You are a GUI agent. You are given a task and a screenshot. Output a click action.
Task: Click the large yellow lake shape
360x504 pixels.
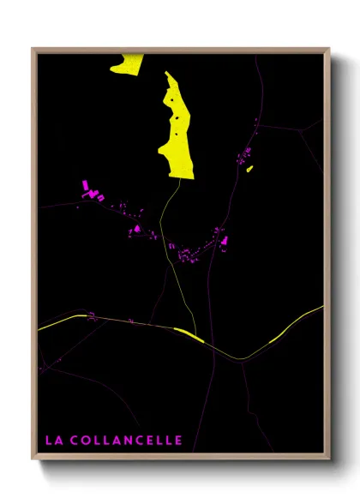point(176,129)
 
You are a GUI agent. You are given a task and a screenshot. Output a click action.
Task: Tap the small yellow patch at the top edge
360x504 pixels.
point(127,63)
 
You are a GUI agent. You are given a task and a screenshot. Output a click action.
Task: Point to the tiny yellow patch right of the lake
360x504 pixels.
point(249,169)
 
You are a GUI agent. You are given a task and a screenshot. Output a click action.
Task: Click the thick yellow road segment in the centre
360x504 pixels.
point(189,335)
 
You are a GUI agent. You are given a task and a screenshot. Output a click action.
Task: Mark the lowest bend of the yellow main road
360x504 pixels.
point(240,358)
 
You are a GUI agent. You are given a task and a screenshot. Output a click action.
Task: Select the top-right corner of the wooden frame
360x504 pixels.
point(328,49)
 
